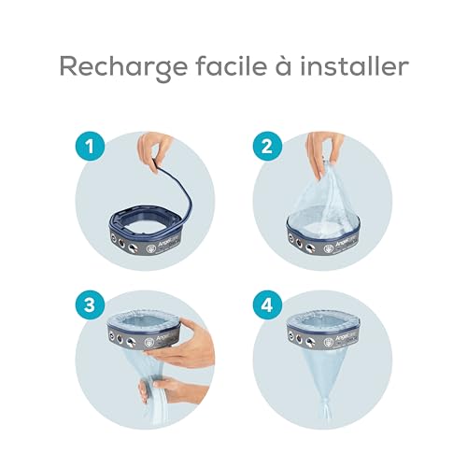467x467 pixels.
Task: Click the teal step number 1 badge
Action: pos(89,146)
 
